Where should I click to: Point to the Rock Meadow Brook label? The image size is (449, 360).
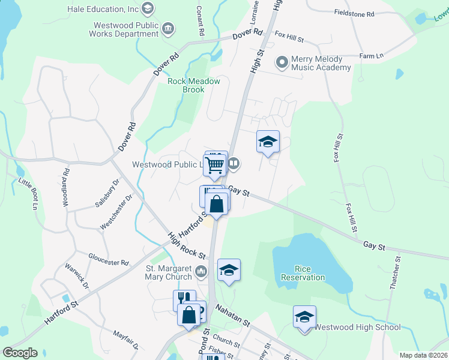[194, 85]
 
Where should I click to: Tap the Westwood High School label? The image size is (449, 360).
[357, 327]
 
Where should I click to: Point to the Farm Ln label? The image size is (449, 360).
[371, 56]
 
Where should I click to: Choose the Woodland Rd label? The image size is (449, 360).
[65, 187]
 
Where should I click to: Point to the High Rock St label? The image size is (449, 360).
[186, 247]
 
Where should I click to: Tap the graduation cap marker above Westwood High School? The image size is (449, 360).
[304, 316]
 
